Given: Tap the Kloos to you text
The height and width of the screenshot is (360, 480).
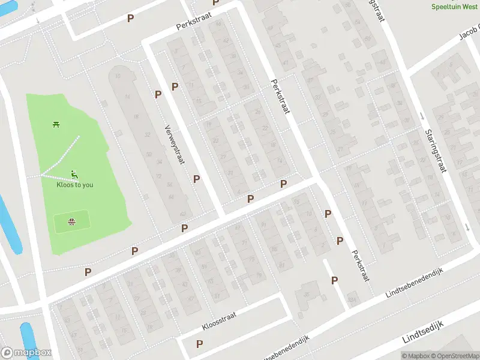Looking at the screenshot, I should [74, 185].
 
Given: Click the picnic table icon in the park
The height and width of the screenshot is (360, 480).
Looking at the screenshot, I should [56, 124].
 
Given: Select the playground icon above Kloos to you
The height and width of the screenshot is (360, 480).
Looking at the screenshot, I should [74, 175].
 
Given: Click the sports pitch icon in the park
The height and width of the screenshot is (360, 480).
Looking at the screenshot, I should [72, 221].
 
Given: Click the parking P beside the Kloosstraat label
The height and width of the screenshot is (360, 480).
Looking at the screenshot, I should [199, 344].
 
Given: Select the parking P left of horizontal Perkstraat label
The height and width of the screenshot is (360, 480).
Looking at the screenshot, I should [130, 18].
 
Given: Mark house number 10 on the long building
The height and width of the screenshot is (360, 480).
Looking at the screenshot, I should [118, 76].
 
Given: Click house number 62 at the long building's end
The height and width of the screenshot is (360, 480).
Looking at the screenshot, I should [182, 214].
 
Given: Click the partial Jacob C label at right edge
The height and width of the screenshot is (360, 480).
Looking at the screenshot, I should [470, 32].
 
